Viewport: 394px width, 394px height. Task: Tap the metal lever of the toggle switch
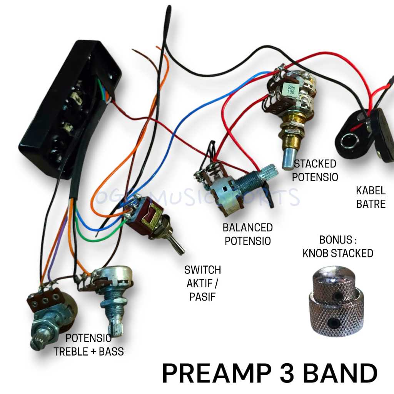click(177, 243)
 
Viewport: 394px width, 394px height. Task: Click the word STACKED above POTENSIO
click(315, 164)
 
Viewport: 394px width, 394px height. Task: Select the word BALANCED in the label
click(248, 228)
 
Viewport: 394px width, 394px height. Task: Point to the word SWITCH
click(203, 270)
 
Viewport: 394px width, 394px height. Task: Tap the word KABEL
click(371, 190)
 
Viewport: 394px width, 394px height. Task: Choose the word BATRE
click(371, 204)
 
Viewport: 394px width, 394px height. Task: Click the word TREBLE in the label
click(73, 351)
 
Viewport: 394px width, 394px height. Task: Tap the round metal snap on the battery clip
click(348, 141)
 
